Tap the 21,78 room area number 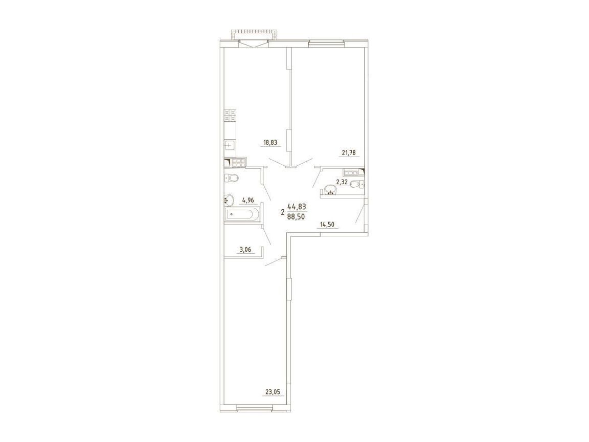click(347, 152)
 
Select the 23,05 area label click(273, 392)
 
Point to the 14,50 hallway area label click(327, 225)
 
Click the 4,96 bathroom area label click(248, 200)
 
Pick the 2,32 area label click(342, 182)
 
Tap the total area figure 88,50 click(297, 216)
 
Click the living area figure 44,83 click(297, 206)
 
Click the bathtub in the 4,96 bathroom click(240, 214)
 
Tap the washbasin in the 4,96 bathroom click(229, 200)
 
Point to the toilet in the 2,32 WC click(356, 184)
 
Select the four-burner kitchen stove click(230, 116)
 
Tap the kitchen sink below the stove click(230, 145)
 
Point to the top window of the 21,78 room click(326, 42)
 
